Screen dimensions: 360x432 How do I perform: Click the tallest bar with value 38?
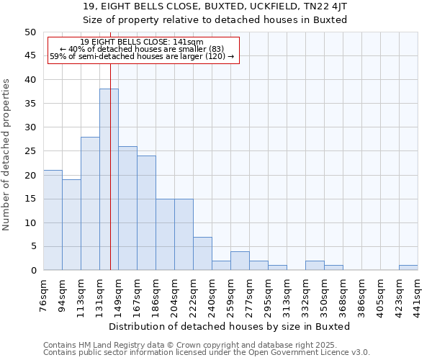(109, 179)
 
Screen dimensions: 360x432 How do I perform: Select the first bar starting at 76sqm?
(53, 220)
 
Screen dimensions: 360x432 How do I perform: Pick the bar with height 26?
(127, 208)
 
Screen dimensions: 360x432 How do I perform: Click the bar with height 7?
(202, 253)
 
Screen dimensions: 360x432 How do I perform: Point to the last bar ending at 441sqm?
(408, 268)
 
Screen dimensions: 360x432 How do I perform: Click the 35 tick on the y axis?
(30, 104)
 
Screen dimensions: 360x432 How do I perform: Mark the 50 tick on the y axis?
(30, 32)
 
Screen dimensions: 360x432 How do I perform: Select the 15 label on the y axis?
(30, 199)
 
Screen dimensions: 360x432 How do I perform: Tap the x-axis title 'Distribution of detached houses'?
(230, 326)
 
